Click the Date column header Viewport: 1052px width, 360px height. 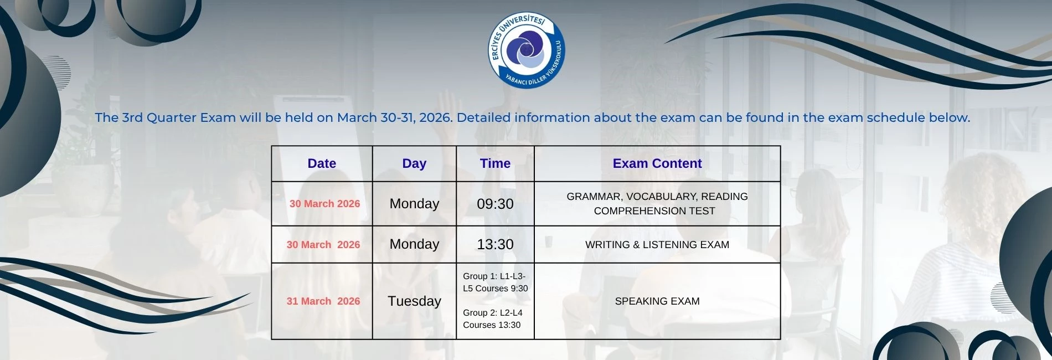point(322,163)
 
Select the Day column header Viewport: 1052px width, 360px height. point(414,163)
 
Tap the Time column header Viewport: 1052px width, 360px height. point(495,163)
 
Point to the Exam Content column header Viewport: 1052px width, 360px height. point(657,163)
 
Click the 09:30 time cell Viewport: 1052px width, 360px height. point(495,204)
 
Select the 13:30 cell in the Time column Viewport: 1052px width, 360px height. point(495,244)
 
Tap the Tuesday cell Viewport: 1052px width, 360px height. point(414,301)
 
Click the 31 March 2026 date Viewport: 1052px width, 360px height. point(323,301)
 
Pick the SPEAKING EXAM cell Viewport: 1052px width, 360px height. point(657,301)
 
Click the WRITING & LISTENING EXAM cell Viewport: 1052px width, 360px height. point(657,244)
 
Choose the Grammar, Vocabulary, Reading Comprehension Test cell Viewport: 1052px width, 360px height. point(657,204)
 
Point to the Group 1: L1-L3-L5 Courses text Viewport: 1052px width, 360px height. point(495,282)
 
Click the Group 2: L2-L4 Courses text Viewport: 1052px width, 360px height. point(492,318)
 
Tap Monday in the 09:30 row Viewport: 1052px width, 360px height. point(414,204)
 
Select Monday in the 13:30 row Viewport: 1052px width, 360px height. point(414,244)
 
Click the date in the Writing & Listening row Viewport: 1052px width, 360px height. point(323,244)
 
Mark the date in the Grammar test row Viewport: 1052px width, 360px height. point(324,204)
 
